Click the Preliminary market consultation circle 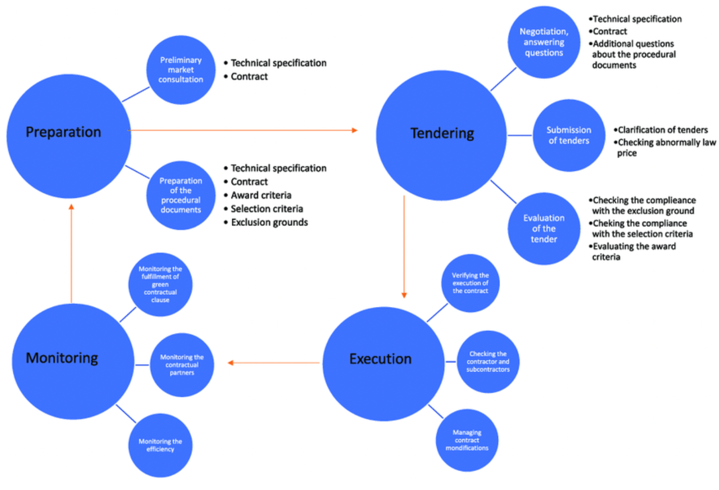(181, 70)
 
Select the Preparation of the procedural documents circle (181, 195)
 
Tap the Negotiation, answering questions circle (544, 42)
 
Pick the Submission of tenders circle (569, 135)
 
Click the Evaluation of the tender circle (544, 228)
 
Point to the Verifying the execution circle (470, 283)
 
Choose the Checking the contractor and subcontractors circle (488, 362)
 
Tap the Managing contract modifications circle (467, 440)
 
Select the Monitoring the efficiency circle (160, 445)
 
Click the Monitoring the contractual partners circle (182, 365)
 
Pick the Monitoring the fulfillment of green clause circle (160, 285)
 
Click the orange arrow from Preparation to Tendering (242, 131)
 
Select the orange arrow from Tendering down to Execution (404, 245)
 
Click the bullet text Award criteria (261, 195)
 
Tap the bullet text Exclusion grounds (269, 222)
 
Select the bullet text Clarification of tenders (662, 130)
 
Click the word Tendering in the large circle (442, 133)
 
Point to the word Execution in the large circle (380, 359)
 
